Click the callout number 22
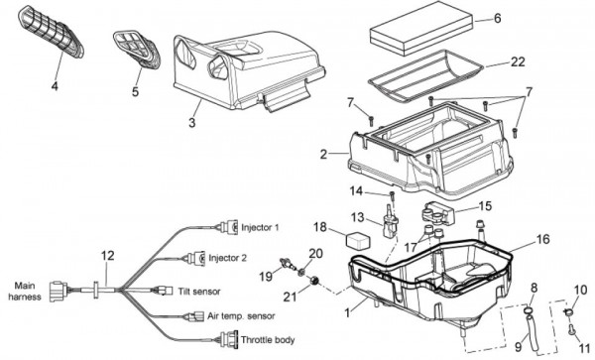tap(518, 61)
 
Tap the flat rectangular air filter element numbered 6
tap(421, 28)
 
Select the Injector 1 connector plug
tap(230, 227)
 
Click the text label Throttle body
tap(268, 340)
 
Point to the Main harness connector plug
tap(59, 292)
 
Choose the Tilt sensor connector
tap(163, 291)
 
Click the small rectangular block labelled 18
tap(357, 240)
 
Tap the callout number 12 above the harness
tap(107, 256)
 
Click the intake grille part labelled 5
tap(136, 50)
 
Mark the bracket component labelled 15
tap(438, 213)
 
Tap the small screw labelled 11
tap(571, 329)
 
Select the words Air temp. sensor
tap(241, 316)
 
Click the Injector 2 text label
tap(227, 258)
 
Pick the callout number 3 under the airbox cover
tap(192, 123)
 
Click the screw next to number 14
tap(393, 196)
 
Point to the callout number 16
tap(543, 239)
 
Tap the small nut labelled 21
tap(313, 281)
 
